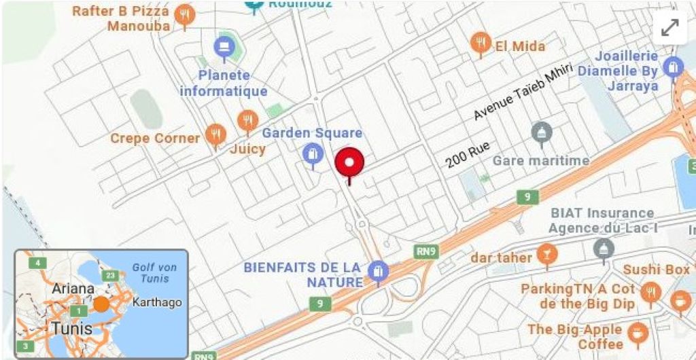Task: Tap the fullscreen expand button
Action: click(669, 28)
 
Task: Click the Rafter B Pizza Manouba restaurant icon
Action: click(184, 14)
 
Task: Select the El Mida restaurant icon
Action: click(481, 42)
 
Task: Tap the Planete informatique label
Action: click(224, 83)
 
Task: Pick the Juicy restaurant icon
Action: click(247, 121)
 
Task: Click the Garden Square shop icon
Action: click(312, 154)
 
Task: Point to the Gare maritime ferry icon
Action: click(541, 131)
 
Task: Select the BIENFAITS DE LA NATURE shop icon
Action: click(376, 272)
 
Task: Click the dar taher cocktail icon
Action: click(544, 254)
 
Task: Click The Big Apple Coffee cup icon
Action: click(637, 332)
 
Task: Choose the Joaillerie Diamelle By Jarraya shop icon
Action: click(673, 67)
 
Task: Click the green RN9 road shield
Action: click(425, 252)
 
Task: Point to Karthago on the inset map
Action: click(157, 302)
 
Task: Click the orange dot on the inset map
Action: click(101, 304)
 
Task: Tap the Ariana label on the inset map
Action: click(72, 289)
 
